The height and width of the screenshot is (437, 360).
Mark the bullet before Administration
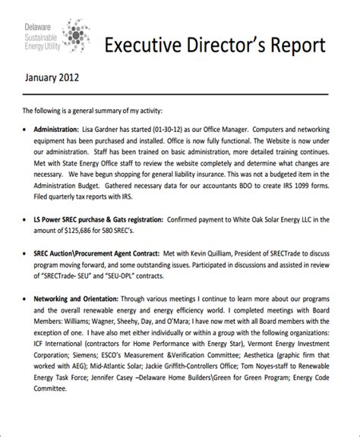(27, 130)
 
